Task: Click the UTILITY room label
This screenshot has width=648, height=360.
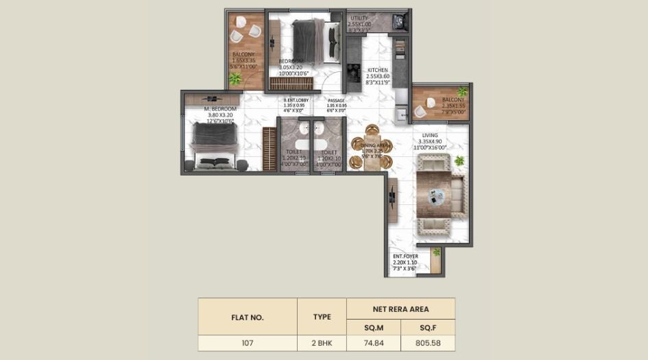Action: [360, 19]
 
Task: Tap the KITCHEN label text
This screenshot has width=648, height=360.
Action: [378, 70]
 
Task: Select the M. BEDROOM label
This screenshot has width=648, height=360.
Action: [219, 109]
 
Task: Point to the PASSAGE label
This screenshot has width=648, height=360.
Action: [335, 101]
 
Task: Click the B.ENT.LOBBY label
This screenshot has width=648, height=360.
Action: [296, 101]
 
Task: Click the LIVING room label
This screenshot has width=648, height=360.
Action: [430, 136]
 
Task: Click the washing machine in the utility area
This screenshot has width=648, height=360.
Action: [400, 22]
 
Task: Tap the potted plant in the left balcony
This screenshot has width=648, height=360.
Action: [235, 79]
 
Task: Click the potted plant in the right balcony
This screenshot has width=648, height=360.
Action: [462, 91]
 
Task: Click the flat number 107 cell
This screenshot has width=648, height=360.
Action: [247, 344]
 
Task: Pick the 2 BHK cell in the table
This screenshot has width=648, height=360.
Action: [322, 344]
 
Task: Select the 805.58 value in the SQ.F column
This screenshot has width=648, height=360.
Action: [428, 344]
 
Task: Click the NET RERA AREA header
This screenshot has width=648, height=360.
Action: [400, 309]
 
